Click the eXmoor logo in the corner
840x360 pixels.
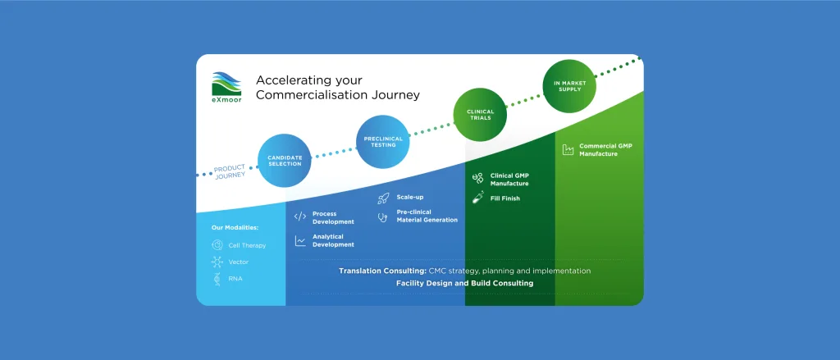coord(226,87)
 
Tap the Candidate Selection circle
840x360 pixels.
coord(285,161)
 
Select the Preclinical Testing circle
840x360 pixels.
coord(383,141)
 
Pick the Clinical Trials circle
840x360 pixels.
coord(480,115)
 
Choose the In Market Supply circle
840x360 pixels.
coord(569,86)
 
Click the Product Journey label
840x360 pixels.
coord(231,172)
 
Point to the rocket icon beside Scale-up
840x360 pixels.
coord(383,198)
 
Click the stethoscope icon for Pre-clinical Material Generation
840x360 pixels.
coord(382,217)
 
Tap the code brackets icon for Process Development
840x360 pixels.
coord(300,216)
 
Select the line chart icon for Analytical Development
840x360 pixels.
coord(300,241)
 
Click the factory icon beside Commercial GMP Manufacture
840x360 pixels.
coord(568,149)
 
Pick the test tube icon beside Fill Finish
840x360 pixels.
coord(478,197)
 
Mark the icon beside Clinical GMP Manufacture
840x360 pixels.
coord(478,179)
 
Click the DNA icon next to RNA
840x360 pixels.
coord(217,279)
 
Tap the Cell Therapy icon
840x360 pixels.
coord(217,245)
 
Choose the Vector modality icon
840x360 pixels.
coord(217,262)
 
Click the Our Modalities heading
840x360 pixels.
coord(235,228)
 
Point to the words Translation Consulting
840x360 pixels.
coord(382,271)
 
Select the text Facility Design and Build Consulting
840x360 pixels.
coord(464,284)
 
